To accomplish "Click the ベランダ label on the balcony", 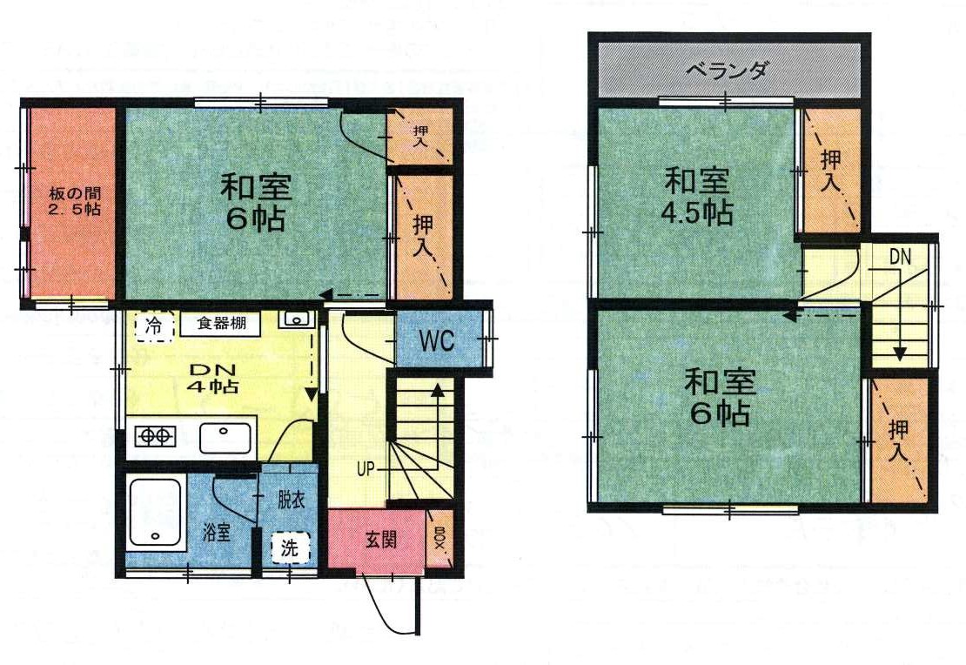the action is click(728, 71).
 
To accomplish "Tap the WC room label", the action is click(438, 340).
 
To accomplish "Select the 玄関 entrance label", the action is click(380, 540).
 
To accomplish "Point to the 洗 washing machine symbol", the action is click(290, 547).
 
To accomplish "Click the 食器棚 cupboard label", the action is click(222, 323).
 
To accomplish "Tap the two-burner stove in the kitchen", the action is click(155, 436).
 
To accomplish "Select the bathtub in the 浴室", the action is click(155, 514).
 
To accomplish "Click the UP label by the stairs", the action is click(366, 469).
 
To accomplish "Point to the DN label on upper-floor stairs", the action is click(900, 257).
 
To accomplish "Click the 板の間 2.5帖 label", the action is click(74, 202).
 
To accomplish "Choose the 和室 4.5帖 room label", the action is click(697, 197).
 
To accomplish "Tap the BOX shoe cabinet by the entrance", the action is click(439, 539).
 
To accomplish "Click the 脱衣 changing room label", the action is click(291, 500).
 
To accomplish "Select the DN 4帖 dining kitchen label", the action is click(213, 379).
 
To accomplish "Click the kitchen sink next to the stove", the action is click(225, 438).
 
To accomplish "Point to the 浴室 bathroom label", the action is click(217, 532).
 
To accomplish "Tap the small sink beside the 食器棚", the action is click(297, 319).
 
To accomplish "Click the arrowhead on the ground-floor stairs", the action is click(438, 389).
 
